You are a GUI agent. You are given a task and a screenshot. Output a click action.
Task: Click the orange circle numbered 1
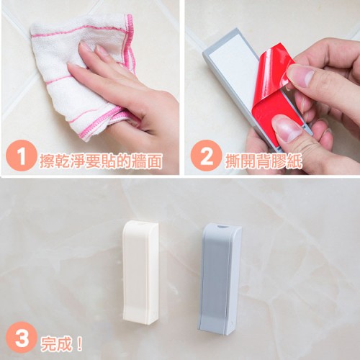21,156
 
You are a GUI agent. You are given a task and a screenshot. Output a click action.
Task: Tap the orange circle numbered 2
206,156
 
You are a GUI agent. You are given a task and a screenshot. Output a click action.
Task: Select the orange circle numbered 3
21,338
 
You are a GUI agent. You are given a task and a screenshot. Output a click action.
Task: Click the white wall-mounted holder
140,273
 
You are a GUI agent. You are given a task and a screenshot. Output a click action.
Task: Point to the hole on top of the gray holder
222,226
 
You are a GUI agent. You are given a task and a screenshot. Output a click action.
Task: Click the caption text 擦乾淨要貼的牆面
101,160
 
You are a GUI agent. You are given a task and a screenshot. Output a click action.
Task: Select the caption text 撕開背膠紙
264,160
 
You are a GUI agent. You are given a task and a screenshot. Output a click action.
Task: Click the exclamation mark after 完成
80,344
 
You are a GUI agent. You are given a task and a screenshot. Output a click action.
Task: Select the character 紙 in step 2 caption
294,160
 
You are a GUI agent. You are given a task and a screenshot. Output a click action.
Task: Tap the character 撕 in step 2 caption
233,160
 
